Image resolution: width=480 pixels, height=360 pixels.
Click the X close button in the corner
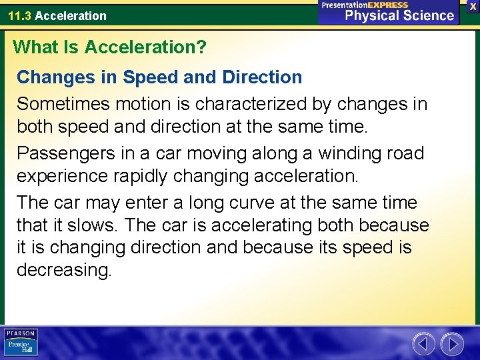pyautogui.click(x=473, y=5)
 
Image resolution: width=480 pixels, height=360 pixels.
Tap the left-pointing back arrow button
pyautogui.click(x=423, y=344)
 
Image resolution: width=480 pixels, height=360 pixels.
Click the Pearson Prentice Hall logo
pyautogui.click(x=21, y=343)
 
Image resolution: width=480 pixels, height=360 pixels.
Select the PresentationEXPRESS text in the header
pyautogui.click(x=365, y=5)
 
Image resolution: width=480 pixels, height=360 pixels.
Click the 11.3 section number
pyautogui.click(x=19, y=15)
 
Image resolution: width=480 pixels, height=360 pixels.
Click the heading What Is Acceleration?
pyautogui.click(x=110, y=47)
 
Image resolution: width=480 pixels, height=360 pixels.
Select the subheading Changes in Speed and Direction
pyautogui.click(x=159, y=77)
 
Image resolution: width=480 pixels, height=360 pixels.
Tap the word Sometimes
pyautogui.click(x=63, y=104)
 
